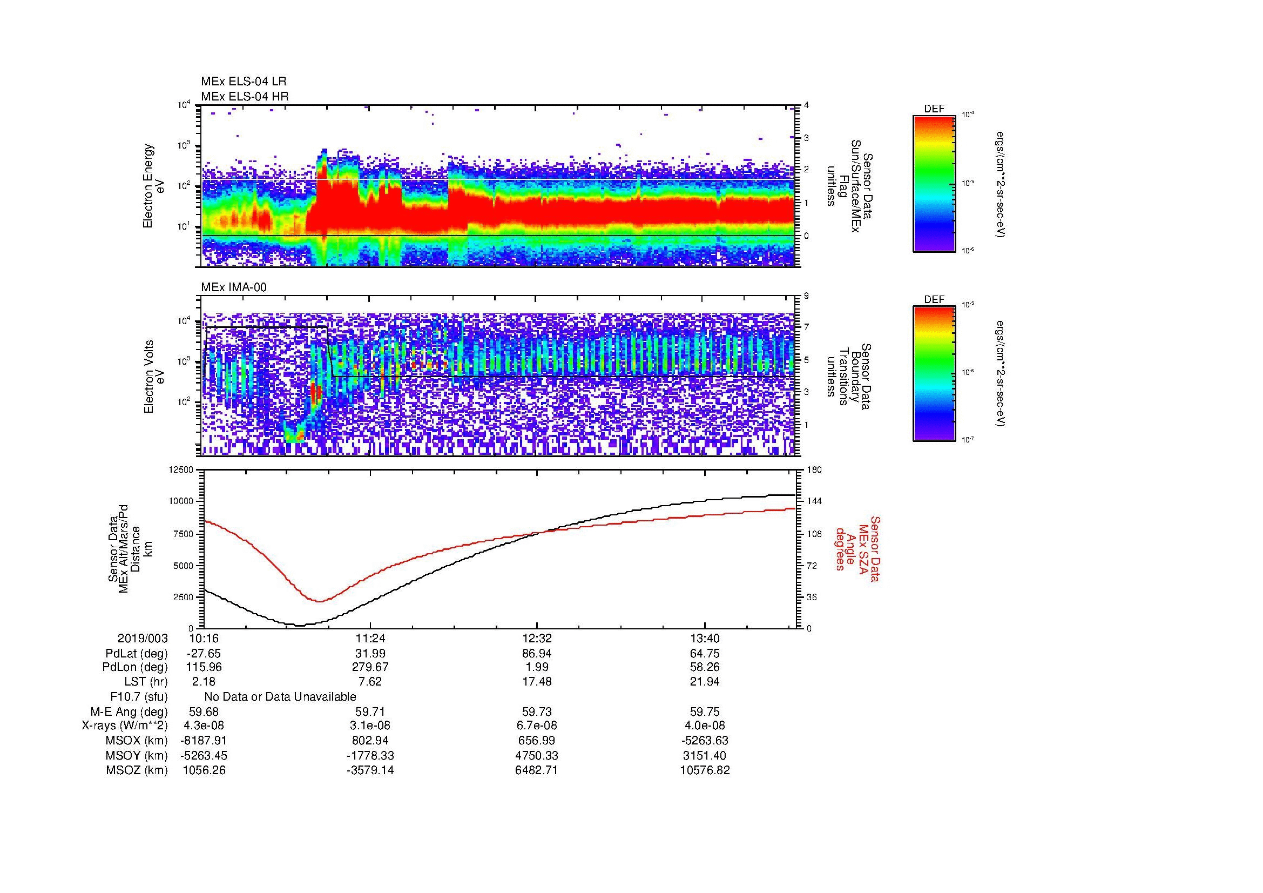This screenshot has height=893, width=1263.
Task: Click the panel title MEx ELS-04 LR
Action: tap(243, 82)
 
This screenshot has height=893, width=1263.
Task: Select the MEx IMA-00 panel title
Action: tap(234, 287)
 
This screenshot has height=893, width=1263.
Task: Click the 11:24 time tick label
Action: tap(370, 639)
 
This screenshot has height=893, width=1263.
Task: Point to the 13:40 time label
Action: tap(705, 639)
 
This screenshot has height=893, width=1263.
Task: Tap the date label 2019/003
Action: tap(143, 639)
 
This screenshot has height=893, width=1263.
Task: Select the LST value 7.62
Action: tap(370, 682)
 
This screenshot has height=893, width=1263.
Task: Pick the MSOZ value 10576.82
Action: tap(705, 770)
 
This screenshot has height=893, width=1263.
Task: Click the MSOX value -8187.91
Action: tap(204, 741)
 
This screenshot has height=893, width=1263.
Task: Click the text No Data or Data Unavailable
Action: tap(280, 697)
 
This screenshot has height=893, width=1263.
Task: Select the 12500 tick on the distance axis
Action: tap(181, 470)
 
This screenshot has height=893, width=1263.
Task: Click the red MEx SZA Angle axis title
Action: tap(857, 548)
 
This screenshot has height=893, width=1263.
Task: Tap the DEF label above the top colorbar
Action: tap(934, 109)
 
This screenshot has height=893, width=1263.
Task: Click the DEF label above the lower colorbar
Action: tap(934, 300)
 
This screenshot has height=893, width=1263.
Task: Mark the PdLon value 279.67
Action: tap(370, 667)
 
